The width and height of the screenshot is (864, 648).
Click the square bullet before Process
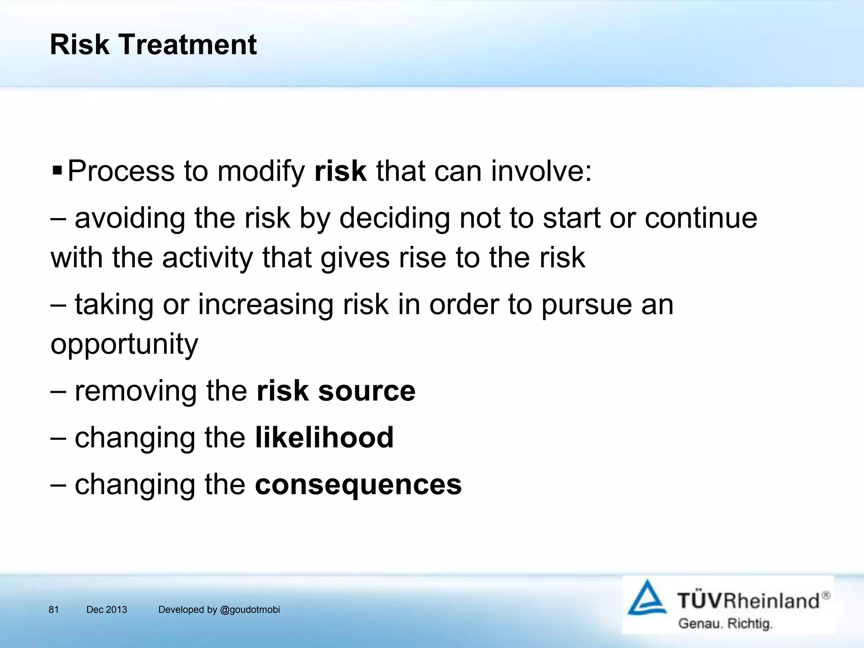pyautogui.click(x=57, y=171)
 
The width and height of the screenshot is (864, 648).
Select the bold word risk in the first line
pyautogui.click(x=340, y=171)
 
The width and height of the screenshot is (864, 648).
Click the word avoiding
pyautogui.click(x=130, y=219)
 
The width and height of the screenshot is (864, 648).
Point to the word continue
pyautogui.click(x=701, y=219)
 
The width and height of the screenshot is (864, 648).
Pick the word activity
pyautogui.click(x=207, y=258)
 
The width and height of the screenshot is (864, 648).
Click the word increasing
pyautogui.click(x=265, y=305)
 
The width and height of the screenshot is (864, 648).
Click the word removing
pyautogui.click(x=135, y=391)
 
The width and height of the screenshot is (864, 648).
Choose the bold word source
pyautogui.click(x=367, y=391)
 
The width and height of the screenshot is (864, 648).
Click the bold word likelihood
pyautogui.click(x=324, y=437)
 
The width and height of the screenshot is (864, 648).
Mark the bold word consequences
pyautogui.click(x=358, y=484)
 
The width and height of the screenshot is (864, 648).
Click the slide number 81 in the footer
pyautogui.click(x=54, y=610)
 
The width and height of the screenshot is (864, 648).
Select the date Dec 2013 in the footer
pyautogui.click(x=106, y=610)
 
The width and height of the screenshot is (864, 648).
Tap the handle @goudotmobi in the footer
pyautogui.click(x=250, y=610)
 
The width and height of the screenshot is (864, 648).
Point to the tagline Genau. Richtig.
pyautogui.click(x=725, y=623)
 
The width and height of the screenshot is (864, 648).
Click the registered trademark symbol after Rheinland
pyautogui.click(x=826, y=595)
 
